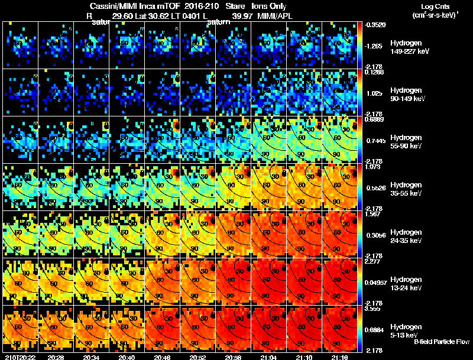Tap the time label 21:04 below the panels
click(x=268, y=357)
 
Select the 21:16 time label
click(x=339, y=357)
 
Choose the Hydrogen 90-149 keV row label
click(x=408, y=95)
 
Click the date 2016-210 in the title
click(x=193, y=5)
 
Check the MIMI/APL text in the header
click(x=276, y=15)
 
